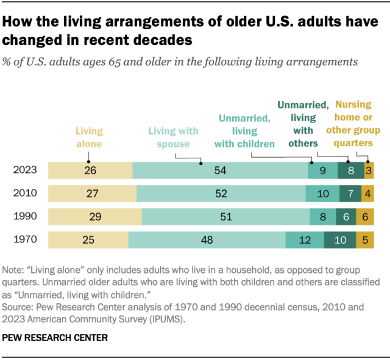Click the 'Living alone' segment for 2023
pyautogui.click(x=90, y=171)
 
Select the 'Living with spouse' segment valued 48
pyautogui.click(x=207, y=240)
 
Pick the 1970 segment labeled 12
pyautogui.click(x=305, y=240)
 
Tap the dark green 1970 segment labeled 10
pyautogui.click(x=341, y=240)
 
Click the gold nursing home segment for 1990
pyautogui.click(x=364, y=217)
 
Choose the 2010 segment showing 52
pyautogui.click(x=221, y=194)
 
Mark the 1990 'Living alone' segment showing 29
pyautogui.click(x=94, y=217)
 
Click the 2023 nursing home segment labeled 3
pyautogui.click(x=369, y=171)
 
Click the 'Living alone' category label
pyautogui.click(x=89, y=137)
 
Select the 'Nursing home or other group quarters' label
pyautogui.click(x=353, y=124)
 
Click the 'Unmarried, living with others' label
pyautogui.click(x=304, y=124)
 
